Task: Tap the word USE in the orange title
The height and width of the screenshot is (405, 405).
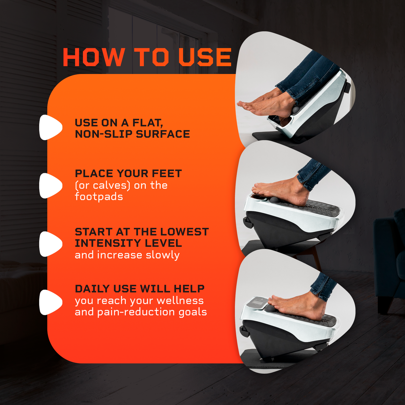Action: coord(205,57)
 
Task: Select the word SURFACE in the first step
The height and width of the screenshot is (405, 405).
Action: coord(163,134)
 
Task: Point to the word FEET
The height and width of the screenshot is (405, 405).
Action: coord(167,173)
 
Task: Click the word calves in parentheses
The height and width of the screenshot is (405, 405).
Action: coord(110,185)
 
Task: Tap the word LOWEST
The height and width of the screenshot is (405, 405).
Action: coord(184,232)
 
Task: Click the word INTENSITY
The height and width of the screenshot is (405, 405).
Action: coord(108,243)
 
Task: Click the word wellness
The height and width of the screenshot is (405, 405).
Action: coord(180,300)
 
